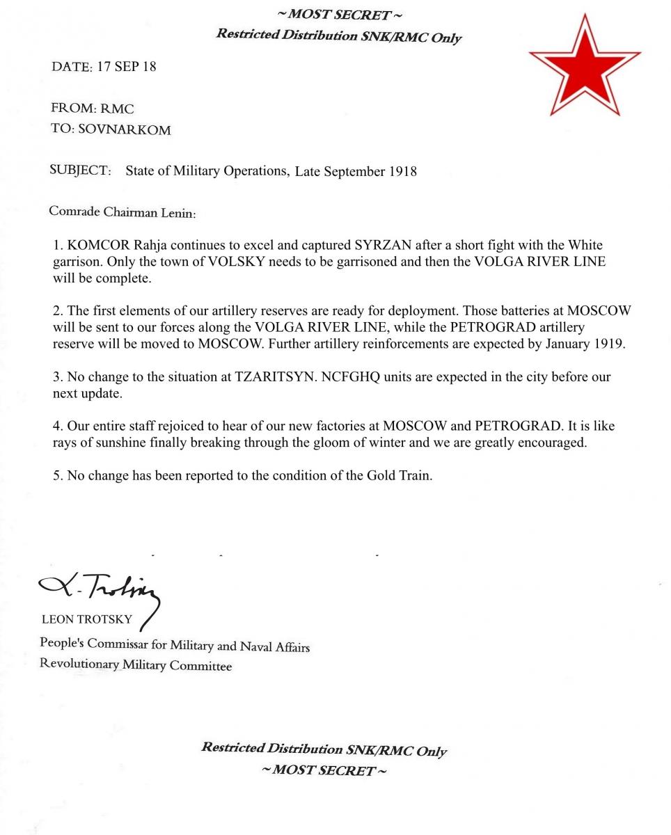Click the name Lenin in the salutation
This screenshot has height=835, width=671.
(179, 212)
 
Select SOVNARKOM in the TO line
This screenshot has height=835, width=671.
(125, 129)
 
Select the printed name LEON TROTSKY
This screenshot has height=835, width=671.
(87, 619)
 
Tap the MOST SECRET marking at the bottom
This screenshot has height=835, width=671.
(324, 770)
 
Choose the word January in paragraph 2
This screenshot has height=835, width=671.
(560, 344)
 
